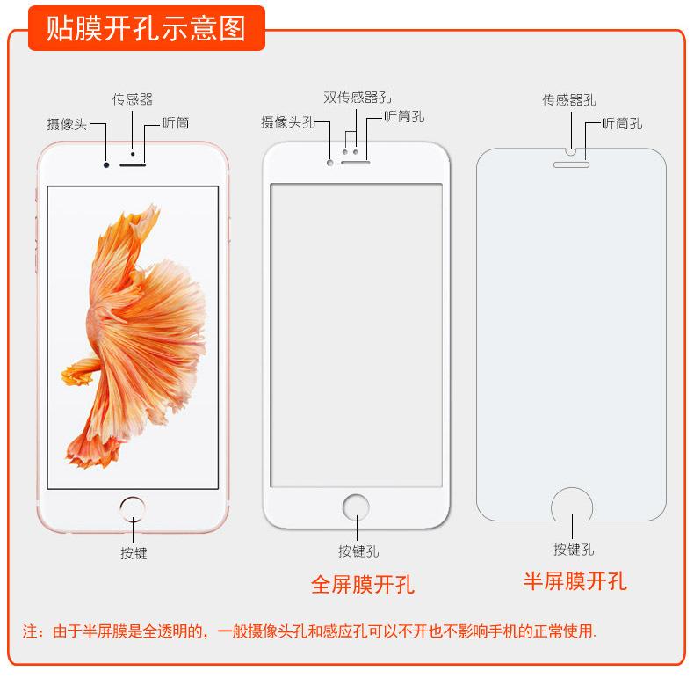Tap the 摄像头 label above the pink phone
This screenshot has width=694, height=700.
pos(67,124)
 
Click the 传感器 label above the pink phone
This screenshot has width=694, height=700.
pos(132,99)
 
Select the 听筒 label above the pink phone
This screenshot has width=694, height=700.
pos(176,124)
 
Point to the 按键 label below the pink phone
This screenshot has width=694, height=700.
pos(134,553)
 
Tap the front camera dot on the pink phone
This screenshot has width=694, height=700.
pos(106,164)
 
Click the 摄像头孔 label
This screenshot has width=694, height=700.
pos(287,122)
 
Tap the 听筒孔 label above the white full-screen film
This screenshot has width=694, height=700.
pos(404,116)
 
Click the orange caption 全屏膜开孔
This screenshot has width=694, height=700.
pos(363,584)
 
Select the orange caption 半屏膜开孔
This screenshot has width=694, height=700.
pos(575,581)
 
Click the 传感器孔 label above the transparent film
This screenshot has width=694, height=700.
pos(568,100)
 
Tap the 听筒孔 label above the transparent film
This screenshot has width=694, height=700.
pos(622,123)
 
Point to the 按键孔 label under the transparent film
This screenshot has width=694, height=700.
pos(574,550)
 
